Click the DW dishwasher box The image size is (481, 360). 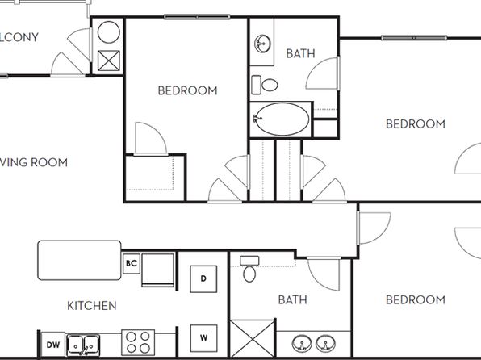[52, 345]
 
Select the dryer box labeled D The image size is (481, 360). [203, 279]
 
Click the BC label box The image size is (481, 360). [131, 262]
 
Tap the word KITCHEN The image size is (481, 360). [91, 305]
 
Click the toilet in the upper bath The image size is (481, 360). [264, 84]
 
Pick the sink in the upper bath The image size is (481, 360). [262, 44]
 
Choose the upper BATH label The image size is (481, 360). [300, 54]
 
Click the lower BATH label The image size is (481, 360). [292, 299]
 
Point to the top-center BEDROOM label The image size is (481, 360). [187, 90]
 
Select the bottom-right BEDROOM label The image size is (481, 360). [415, 299]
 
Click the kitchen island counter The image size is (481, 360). [79, 259]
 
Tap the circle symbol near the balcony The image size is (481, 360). [108, 34]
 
